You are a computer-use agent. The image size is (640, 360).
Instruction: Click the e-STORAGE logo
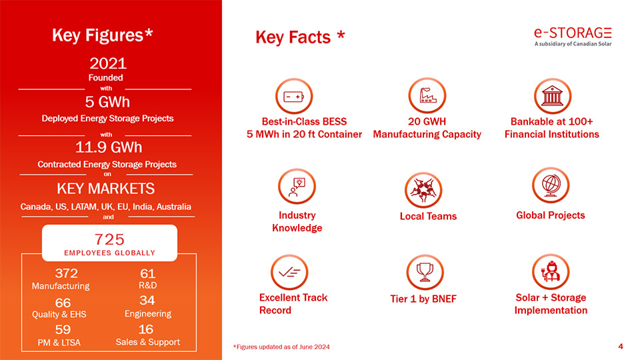click(x=573, y=36)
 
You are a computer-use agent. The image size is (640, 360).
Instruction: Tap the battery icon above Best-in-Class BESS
click(x=294, y=96)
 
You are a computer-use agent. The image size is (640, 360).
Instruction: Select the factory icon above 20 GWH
click(x=427, y=95)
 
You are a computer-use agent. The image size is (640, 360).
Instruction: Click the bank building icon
click(x=552, y=96)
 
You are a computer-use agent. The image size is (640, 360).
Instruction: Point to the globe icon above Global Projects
click(x=551, y=185)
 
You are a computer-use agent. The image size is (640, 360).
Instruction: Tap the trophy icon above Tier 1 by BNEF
click(x=425, y=272)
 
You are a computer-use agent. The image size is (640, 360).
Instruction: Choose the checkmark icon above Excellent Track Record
click(x=289, y=272)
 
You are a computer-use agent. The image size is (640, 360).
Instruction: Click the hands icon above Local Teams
click(x=423, y=190)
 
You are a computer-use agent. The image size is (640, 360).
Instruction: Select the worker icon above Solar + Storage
click(x=551, y=272)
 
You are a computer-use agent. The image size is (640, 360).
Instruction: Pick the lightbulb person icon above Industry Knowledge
click(x=297, y=187)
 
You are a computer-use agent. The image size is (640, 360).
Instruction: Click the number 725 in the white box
click(x=109, y=239)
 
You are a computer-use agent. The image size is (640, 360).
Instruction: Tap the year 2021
click(x=108, y=63)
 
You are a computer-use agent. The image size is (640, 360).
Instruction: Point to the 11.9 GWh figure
click(x=109, y=147)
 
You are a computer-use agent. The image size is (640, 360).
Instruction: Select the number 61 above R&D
click(x=148, y=273)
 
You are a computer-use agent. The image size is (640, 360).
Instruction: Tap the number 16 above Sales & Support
click(x=146, y=329)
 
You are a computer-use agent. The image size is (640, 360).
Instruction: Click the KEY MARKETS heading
click(x=106, y=189)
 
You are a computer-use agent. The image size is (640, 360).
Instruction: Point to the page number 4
click(x=621, y=347)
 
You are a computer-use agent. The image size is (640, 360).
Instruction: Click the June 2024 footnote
click(x=281, y=347)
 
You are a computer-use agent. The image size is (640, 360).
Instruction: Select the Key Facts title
click(x=300, y=37)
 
